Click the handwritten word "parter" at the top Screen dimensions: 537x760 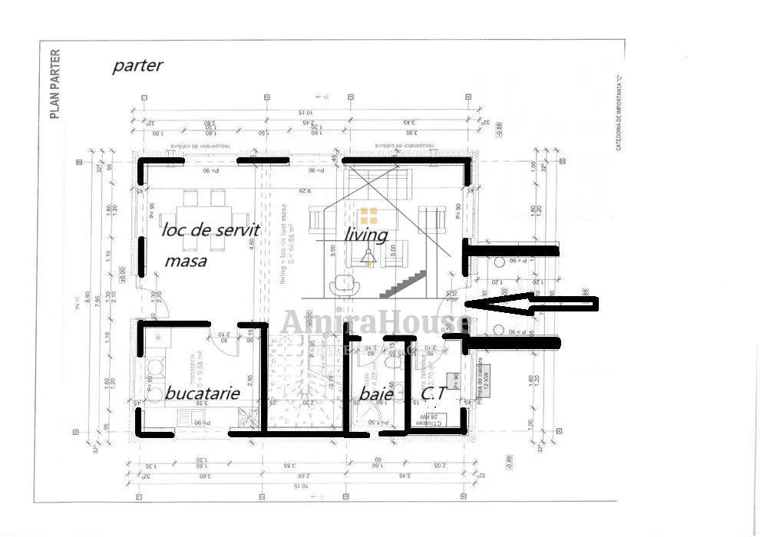[137, 65]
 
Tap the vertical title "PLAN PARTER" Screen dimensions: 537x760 [55, 84]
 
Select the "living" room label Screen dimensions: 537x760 [365, 232]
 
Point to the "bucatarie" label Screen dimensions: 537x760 [203, 394]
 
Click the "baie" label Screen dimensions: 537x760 [376, 394]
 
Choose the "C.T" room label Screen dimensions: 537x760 [434, 394]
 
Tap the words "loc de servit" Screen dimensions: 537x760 [210, 229]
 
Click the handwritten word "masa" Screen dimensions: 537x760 [186, 261]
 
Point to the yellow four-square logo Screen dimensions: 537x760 [369, 216]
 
